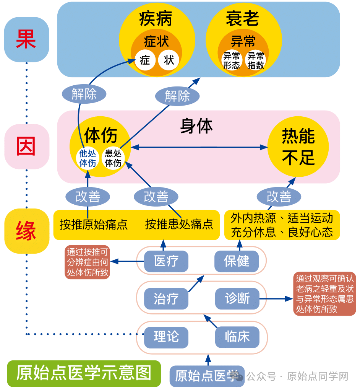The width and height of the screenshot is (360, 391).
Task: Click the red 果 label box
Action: (x=26, y=39)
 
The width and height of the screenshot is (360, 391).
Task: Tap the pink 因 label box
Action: (x=26, y=147)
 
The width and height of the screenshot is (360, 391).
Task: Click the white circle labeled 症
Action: (x=145, y=60)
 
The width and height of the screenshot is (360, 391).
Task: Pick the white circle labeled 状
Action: (x=169, y=60)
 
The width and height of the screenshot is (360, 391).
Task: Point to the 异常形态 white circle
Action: (x=232, y=60)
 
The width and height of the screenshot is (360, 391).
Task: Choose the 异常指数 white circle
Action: (x=255, y=60)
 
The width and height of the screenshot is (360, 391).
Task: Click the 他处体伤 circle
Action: (x=88, y=158)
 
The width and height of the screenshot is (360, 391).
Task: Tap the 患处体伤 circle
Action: (x=113, y=158)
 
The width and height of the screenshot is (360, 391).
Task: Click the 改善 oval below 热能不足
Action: (x=279, y=197)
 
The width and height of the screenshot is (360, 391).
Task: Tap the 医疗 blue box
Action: (x=166, y=261)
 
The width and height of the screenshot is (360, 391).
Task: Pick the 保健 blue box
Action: (x=237, y=261)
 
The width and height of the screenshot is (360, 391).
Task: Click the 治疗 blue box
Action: (x=166, y=299)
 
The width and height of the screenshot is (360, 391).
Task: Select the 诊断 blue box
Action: (x=237, y=298)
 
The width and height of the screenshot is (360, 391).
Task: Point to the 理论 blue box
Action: (x=166, y=337)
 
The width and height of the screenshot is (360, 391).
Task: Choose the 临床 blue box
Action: (x=237, y=337)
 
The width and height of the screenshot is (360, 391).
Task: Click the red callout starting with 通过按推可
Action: (x=88, y=262)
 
